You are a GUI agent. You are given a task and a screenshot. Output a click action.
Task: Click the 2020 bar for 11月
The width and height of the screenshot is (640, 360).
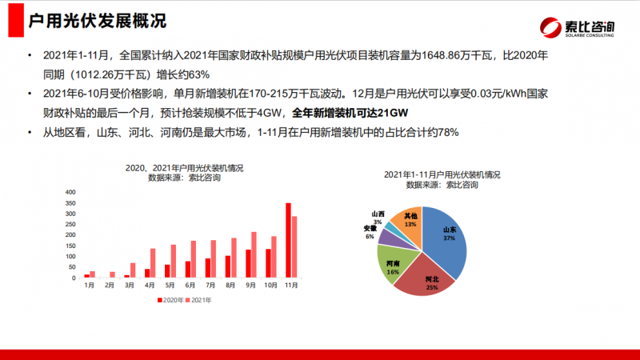pyautogui.click(x=288, y=241)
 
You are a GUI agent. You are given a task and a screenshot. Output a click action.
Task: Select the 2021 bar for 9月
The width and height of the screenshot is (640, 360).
pyautogui.click(x=254, y=255)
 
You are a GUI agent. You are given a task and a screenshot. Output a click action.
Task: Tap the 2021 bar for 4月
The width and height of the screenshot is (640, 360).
pyautogui.click(x=153, y=263)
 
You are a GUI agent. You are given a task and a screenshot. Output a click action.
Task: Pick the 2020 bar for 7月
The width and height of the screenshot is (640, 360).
pyautogui.click(x=208, y=268)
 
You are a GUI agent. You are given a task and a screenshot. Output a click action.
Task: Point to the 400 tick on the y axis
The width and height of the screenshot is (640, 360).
pyautogui.click(x=70, y=192)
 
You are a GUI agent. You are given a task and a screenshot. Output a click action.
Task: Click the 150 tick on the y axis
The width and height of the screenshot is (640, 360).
pyautogui.click(x=70, y=246)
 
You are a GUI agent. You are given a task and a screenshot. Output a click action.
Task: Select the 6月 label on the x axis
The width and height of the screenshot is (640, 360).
pyautogui.click(x=190, y=286)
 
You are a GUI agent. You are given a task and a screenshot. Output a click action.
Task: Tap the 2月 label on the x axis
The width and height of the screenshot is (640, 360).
pyautogui.click(x=110, y=286)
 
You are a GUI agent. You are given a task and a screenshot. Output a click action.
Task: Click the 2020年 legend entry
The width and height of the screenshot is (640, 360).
pyautogui.click(x=170, y=300)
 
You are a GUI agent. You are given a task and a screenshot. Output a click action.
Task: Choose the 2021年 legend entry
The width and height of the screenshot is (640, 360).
pyautogui.click(x=198, y=300)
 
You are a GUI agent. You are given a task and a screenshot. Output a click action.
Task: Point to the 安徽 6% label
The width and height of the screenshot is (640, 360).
pyautogui.click(x=370, y=232)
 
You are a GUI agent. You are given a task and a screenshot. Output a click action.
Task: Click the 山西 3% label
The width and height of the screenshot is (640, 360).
pyautogui.click(x=378, y=218)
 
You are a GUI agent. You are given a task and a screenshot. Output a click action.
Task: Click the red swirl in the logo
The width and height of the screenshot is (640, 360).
pyautogui.click(x=550, y=28)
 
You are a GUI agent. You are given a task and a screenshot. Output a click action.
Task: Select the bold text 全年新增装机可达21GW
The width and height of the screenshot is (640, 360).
pyautogui.click(x=350, y=113)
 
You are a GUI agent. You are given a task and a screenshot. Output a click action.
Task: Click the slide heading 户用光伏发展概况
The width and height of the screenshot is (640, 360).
pyautogui.click(x=97, y=21)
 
